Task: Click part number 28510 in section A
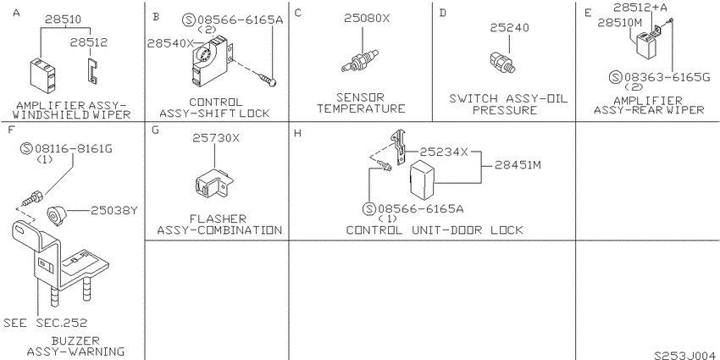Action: pyautogui.click(x=63, y=19)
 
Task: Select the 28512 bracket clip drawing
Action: pyautogui.click(x=93, y=71)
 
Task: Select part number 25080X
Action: pyautogui.click(x=367, y=18)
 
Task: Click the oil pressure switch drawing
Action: pyautogui.click(x=502, y=64)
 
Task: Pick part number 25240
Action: pyautogui.click(x=509, y=28)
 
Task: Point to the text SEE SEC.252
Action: pyautogui.click(x=46, y=323)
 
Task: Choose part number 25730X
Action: pyautogui.click(x=216, y=138)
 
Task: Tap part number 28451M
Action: pyautogui.click(x=518, y=165)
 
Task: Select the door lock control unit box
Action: pyautogui.click(x=422, y=177)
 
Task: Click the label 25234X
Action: pyautogui.click(x=444, y=152)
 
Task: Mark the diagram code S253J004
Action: pyautogui.click(x=684, y=355)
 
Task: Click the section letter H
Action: pyautogui.click(x=297, y=134)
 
